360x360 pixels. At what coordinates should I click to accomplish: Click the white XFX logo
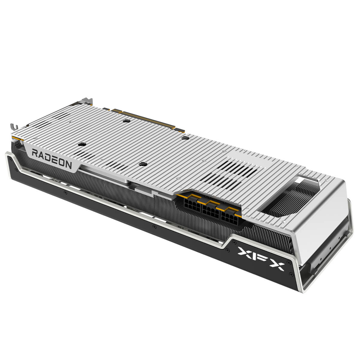click(261, 258)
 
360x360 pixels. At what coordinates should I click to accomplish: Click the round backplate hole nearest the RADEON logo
click(80, 144)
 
